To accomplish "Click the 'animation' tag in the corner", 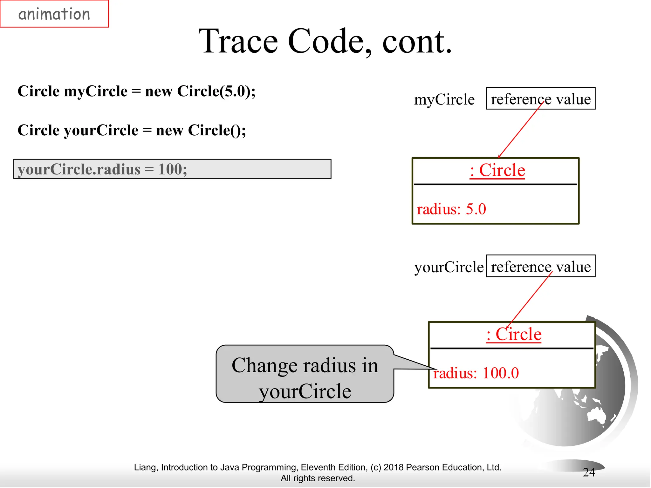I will point(54,14).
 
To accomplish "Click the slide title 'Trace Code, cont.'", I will point(325,41).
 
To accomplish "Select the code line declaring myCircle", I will point(136,91).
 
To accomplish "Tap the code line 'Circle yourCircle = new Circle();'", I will point(132,130).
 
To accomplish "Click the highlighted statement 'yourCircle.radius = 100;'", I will point(172,169).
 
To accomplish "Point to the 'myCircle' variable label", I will point(444,99).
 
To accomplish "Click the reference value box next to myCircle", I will point(540,98).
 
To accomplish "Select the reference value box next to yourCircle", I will point(540,266).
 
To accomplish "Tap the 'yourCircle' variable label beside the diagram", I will point(449,267).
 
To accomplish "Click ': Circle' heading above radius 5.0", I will point(497,170).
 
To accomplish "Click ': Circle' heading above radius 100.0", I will point(514,334).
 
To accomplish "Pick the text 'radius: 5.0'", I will point(451,209).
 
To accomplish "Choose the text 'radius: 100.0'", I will point(476,373).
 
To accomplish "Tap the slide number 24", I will point(589,472).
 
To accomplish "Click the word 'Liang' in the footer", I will point(145,467).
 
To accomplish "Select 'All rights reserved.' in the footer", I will point(318,478).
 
